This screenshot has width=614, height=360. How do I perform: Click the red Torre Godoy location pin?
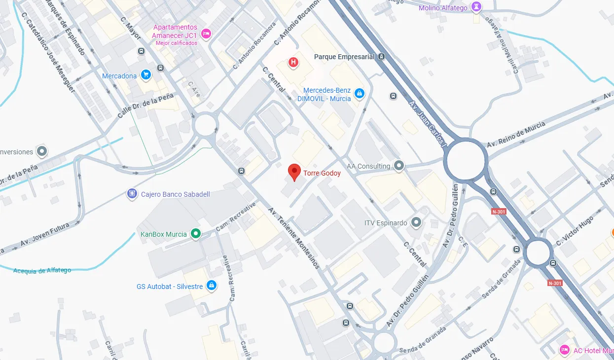[294, 172]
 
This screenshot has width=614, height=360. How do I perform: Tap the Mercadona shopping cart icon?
[145, 74]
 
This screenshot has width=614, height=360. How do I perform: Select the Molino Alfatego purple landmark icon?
[476, 7]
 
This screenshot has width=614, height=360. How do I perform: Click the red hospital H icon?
[293, 62]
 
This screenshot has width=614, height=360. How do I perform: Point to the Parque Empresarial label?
[344, 57]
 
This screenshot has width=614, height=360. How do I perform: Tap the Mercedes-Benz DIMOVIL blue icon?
[360, 93]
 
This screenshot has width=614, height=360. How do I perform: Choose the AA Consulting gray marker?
[399, 166]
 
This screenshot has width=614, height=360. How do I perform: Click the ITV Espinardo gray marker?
[417, 223]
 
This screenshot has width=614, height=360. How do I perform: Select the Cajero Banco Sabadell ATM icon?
[132, 194]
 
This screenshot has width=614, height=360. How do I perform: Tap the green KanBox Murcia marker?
[196, 234]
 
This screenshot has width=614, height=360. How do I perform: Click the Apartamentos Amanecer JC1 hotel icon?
[206, 34]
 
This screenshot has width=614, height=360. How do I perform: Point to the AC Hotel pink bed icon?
[565, 350]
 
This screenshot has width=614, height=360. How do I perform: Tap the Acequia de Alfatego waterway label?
[42, 270]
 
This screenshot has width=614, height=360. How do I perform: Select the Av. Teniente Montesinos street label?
[294, 238]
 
